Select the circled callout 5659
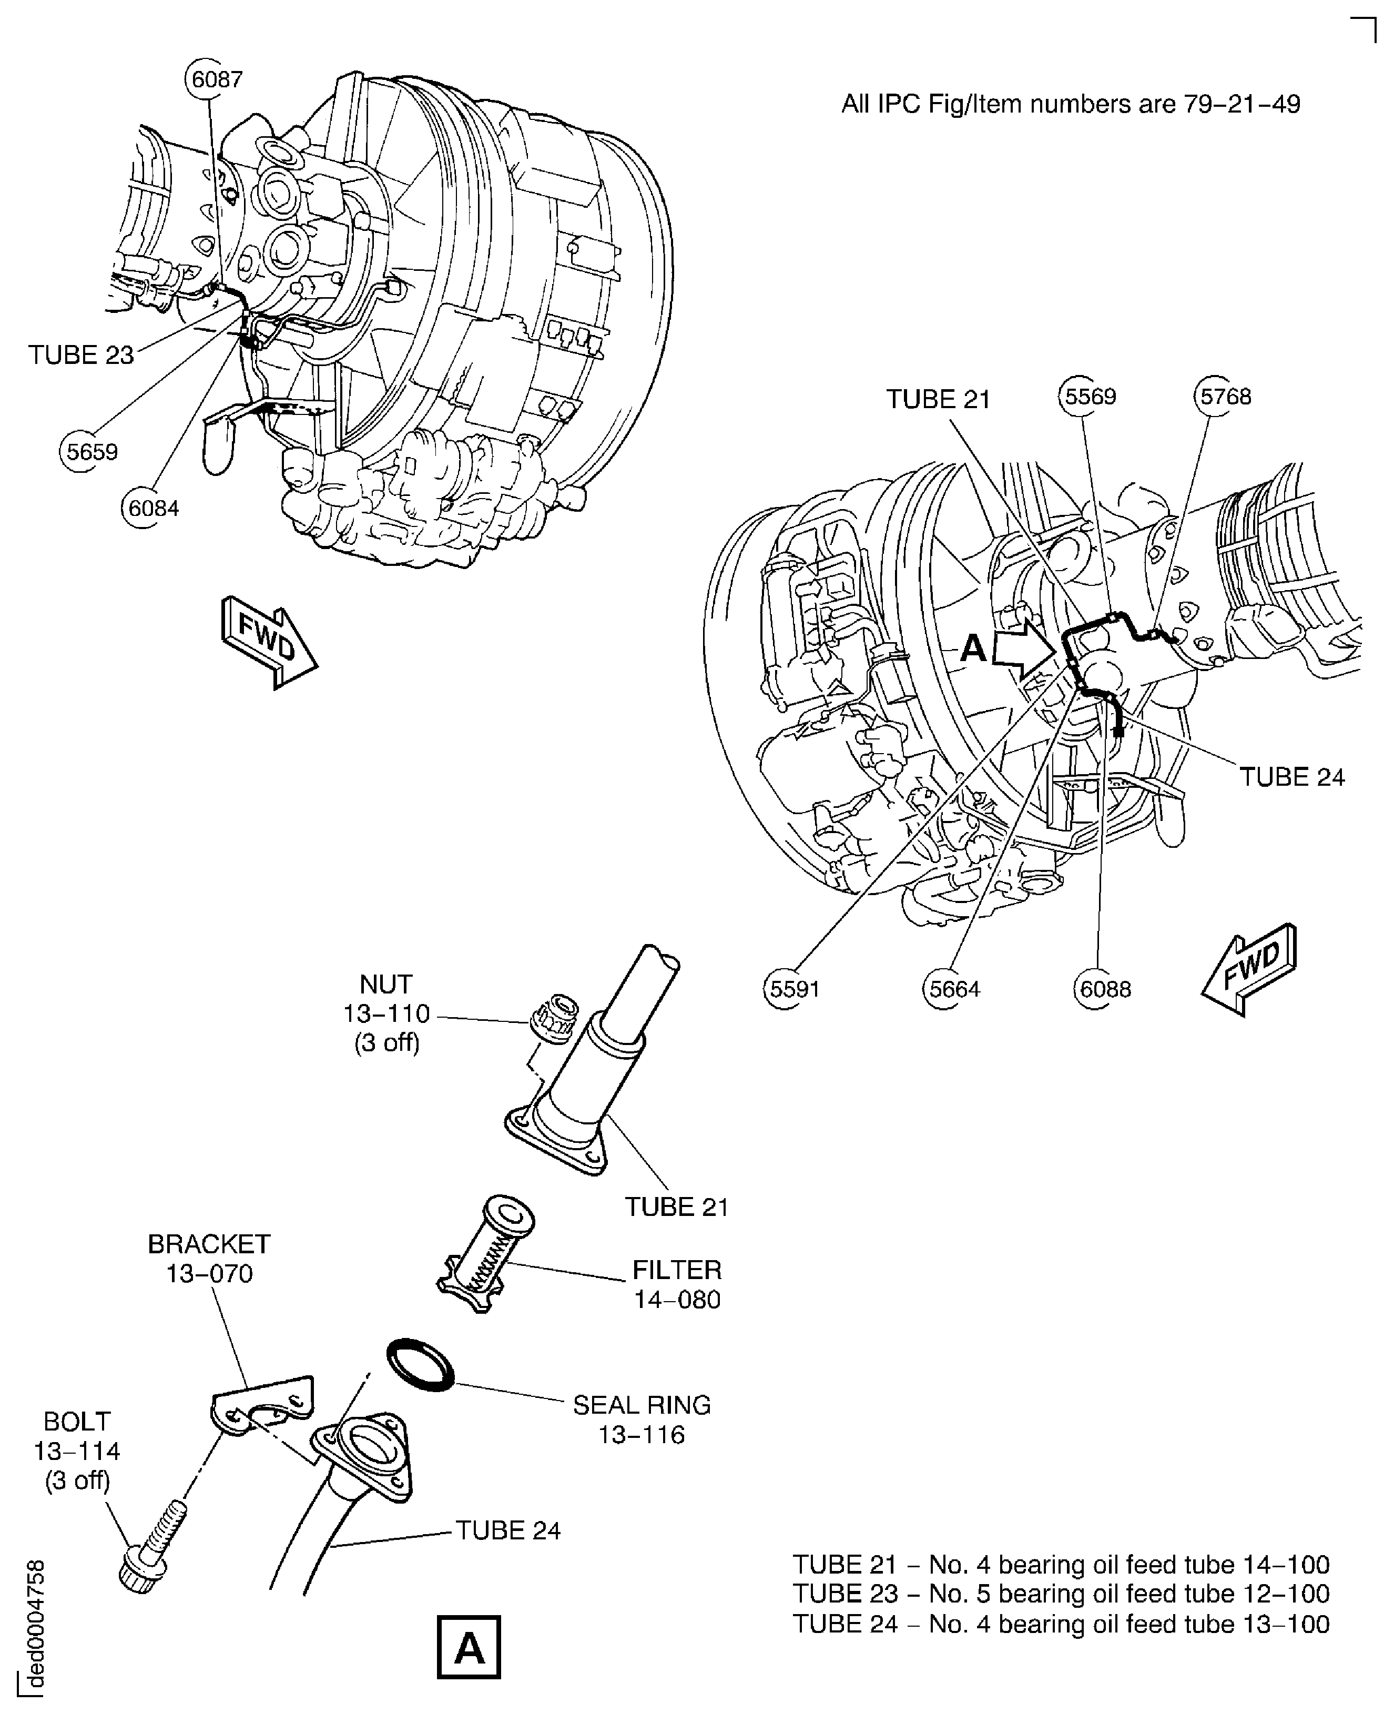91,452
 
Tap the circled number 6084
152,509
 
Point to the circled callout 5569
1090,396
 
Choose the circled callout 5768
1225,396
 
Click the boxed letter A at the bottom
469,1647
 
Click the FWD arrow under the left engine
269,641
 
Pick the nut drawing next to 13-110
554,1018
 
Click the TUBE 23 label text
81,355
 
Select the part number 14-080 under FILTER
677,1300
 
